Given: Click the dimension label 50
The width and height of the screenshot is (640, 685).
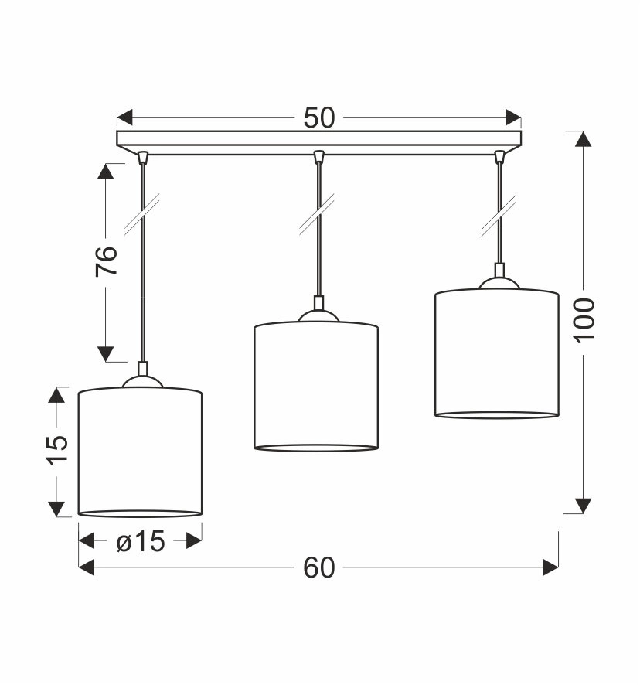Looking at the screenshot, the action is [x=319, y=118].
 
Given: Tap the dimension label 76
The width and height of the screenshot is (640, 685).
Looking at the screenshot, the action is [x=107, y=261].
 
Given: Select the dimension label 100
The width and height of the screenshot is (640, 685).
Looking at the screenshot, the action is [x=584, y=321].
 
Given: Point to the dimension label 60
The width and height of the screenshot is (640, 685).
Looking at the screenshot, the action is [x=319, y=567].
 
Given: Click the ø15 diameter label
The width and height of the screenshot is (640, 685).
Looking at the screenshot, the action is [x=141, y=542].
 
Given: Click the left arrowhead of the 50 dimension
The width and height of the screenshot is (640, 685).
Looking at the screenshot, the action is [x=124, y=118].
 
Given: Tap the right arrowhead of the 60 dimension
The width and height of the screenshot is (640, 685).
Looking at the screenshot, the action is [x=550, y=567].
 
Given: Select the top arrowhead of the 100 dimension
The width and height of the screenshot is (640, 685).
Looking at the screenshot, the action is [x=584, y=139].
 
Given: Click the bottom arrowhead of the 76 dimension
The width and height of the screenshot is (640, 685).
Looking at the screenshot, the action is [x=106, y=354].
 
